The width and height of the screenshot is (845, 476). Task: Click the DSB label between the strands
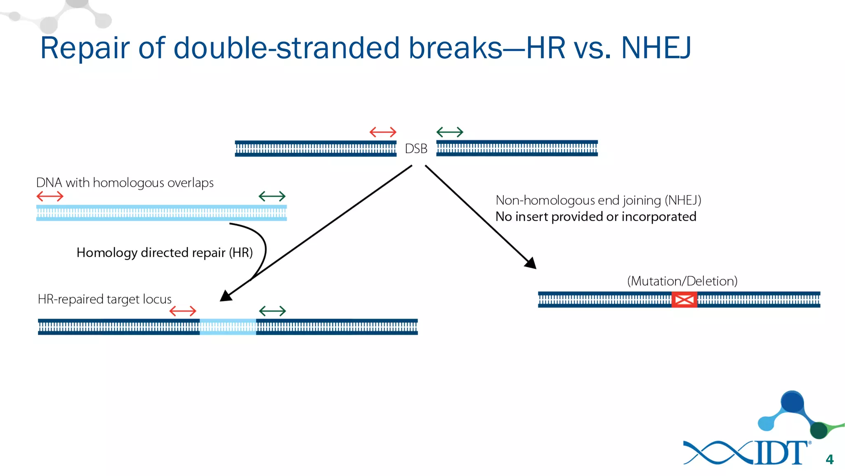pyautogui.click(x=416, y=149)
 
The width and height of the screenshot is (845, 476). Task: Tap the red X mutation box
pyautogui.click(x=684, y=300)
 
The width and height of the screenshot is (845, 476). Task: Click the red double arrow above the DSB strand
pyautogui.click(x=382, y=132)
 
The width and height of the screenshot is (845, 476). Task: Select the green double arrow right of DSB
pyautogui.click(x=450, y=132)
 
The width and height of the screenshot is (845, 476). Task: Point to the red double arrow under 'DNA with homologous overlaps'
pyautogui.click(x=50, y=196)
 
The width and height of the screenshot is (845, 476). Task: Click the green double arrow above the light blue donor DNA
pyautogui.click(x=272, y=196)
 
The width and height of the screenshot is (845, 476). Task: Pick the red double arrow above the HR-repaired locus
pyautogui.click(x=183, y=311)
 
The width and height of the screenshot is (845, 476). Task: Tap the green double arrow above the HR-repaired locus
pyautogui.click(x=272, y=311)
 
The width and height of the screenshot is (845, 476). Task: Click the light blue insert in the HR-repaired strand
pyautogui.click(x=228, y=327)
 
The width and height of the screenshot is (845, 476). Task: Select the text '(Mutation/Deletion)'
pyautogui.click(x=682, y=281)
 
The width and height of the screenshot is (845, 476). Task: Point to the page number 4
pyautogui.click(x=829, y=459)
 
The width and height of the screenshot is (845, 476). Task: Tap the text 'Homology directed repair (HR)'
pyautogui.click(x=165, y=252)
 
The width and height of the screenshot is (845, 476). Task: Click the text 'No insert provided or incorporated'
pyautogui.click(x=595, y=217)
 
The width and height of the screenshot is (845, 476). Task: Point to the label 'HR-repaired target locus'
pyautogui.click(x=104, y=299)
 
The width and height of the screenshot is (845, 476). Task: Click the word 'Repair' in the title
pyautogui.click(x=85, y=48)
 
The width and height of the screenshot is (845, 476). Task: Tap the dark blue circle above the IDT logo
pyautogui.click(x=792, y=401)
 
